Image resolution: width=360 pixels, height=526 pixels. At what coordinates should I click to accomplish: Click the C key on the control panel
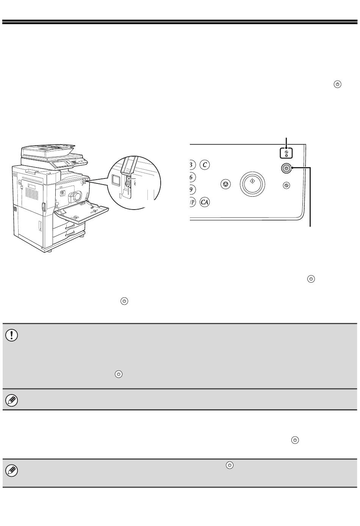pos(204,165)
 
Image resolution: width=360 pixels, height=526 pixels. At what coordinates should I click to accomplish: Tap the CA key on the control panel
pos(205,202)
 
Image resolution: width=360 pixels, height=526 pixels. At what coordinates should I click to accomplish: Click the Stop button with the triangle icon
pos(225,185)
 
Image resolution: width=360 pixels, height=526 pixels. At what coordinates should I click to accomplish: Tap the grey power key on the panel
pos(286,168)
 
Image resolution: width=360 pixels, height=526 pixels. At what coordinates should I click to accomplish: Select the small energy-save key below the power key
pos(286,186)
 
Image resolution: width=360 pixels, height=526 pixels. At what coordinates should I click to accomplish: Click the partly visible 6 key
pos(192,177)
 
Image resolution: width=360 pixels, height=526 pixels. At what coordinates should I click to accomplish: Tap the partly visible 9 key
pos(192,189)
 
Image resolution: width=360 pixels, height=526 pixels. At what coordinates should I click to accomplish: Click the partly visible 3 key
pos(192,165)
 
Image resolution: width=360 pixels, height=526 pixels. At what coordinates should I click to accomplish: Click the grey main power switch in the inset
pos(128,184)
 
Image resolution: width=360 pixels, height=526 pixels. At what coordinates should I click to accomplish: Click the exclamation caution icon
pos(12,335)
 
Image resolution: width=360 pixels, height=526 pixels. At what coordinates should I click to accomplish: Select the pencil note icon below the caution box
pos(12,400)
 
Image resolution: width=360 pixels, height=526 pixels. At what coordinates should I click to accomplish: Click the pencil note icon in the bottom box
pos(12,471)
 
